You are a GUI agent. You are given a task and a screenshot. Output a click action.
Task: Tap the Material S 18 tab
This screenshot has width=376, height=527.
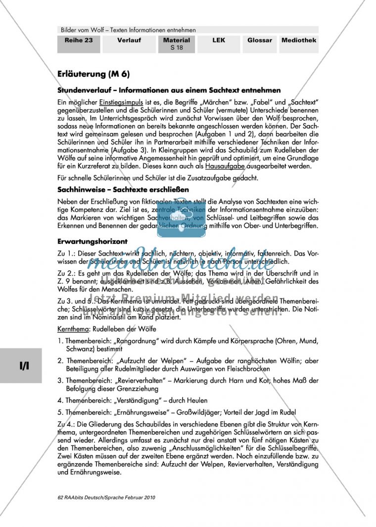(177, 43)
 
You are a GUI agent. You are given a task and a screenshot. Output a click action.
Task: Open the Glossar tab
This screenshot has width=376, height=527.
(260, 41)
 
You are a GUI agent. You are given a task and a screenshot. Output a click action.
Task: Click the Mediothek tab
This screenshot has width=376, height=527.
(299, 41)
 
